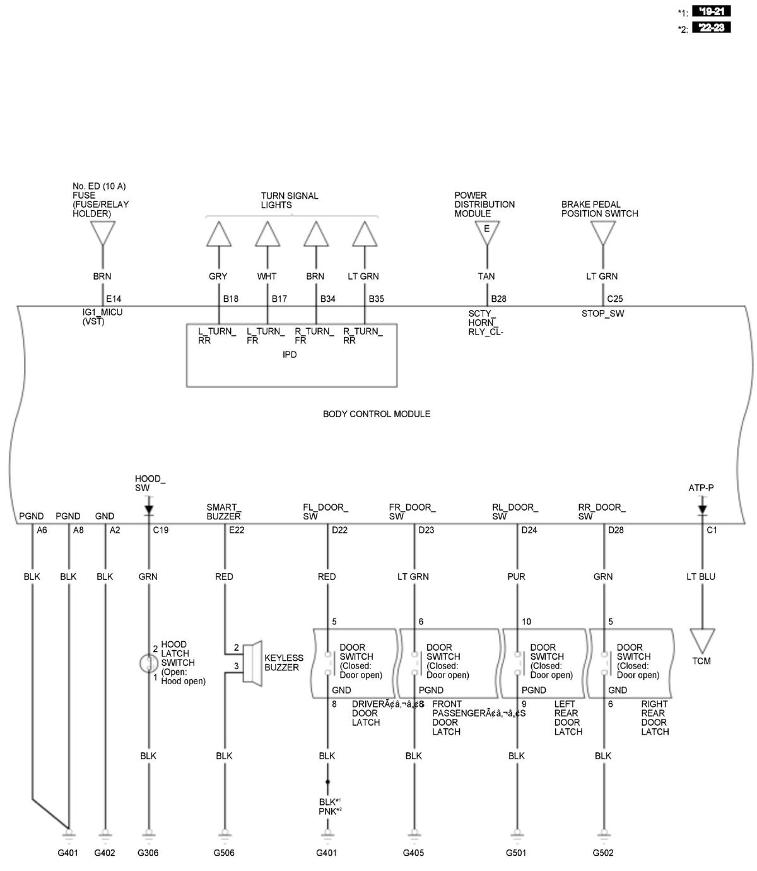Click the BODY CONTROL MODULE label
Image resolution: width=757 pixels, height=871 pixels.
[x=376, y=414]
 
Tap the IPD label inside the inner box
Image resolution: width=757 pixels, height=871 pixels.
[x=290, y=355]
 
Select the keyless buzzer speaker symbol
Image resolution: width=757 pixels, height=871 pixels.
[x=254, y=662]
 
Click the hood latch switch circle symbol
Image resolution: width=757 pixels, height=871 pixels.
[x=148, y=663]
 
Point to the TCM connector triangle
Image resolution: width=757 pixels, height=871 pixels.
[x=701, y=640]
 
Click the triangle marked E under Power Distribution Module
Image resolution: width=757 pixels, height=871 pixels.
[x=486, y=232]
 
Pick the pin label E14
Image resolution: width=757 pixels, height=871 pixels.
[x=114, y=299]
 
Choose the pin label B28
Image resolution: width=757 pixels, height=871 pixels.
[x=498, y=299]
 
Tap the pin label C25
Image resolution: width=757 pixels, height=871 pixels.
[x=614, y=299]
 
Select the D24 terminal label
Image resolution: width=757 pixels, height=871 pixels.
[x=529, y=530]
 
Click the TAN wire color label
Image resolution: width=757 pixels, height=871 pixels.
[x=486, y=276]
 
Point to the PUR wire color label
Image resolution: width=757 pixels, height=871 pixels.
[x=516, y=576]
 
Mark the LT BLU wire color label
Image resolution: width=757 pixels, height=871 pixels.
[x=701, y=576]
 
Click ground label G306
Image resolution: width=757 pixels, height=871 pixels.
[x=148, y=853]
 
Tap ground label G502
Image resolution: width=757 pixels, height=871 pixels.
[x=603, y=853]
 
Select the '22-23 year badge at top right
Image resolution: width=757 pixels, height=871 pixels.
[x=711, y=27]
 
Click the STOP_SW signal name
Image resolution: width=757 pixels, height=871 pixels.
[x=602, y=314]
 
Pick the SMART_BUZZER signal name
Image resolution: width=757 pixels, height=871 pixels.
[x=223, y=512]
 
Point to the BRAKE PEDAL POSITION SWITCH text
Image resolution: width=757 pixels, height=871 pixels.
[x=599, y=209]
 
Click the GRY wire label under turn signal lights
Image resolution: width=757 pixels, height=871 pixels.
[x=218, y=276]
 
